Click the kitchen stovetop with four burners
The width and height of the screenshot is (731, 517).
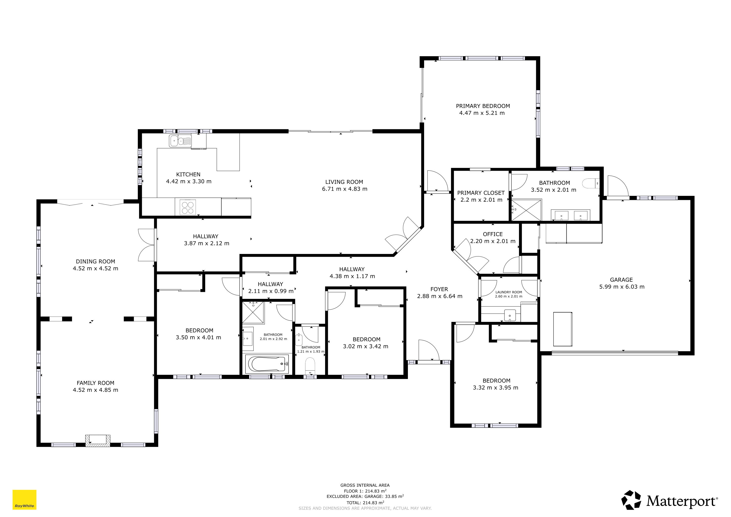click(188, 207)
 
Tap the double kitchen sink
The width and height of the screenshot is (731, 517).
click(180, 141)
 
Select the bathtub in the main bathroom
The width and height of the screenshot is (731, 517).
click(267, 364)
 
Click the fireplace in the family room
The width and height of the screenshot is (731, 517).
click(98, 441)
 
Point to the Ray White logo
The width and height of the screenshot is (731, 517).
click(24, 500)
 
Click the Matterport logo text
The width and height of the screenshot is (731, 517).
click(682, 501)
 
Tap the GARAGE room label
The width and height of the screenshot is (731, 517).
click(621, 280)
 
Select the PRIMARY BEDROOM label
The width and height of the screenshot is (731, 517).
click(483, 106)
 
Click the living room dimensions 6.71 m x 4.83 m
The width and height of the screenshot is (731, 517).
click(345, 189)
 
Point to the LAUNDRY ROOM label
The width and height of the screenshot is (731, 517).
click(508, 292)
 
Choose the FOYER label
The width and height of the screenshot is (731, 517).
click(439, 289)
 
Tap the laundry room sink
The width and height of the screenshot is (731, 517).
click(510, 316)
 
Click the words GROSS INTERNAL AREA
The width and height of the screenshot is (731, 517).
click(365, 485)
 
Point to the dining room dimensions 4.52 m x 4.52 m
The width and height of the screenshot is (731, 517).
click(95, 268)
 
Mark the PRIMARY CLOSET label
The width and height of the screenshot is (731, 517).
click(481, 193)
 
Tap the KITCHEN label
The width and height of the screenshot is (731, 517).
click(188, 174)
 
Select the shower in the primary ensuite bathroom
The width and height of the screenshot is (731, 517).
click(526, 210)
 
